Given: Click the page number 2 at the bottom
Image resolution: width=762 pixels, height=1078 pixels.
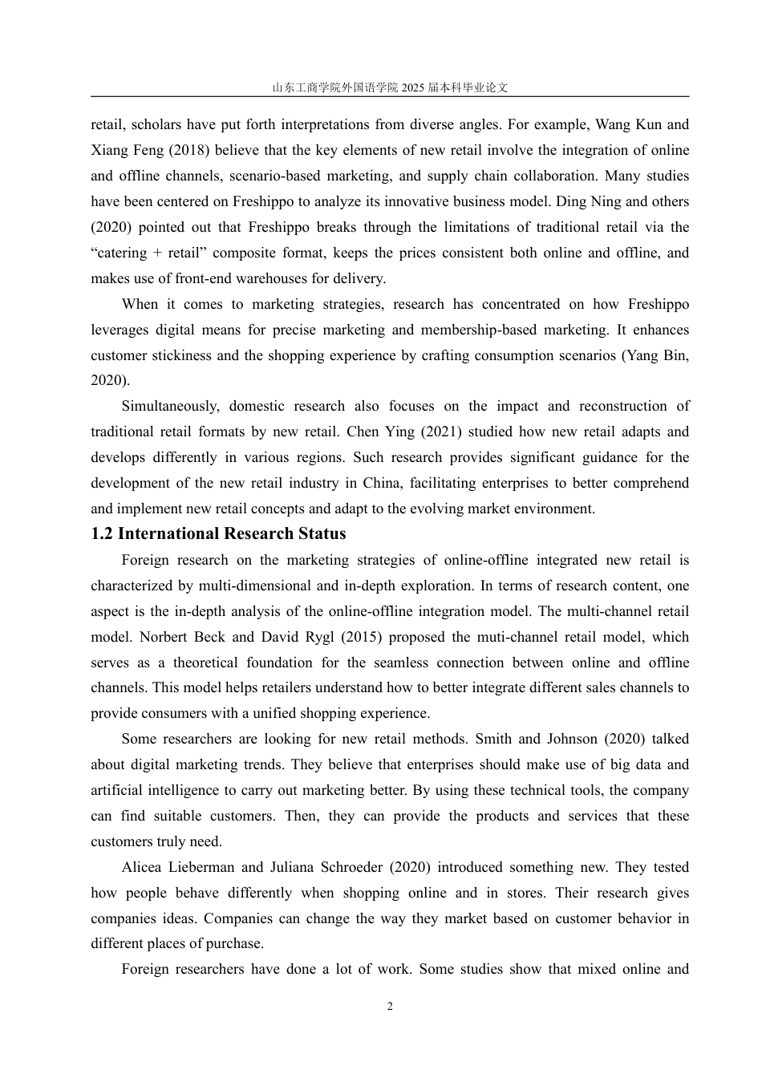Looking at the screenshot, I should coord(390,1007).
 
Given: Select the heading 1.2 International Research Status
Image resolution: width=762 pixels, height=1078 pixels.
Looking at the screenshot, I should coord(218,534).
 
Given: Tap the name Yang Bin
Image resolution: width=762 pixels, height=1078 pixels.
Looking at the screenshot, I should coord(659,355).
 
